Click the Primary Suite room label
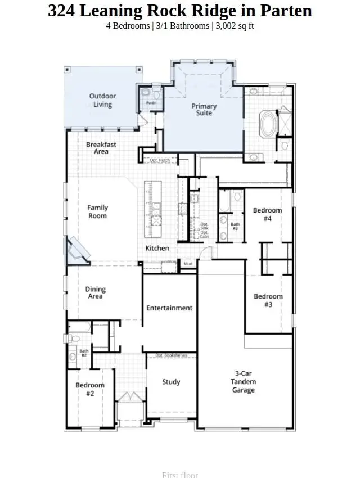[x=204, y=110]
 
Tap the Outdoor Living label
[x=102, y=100]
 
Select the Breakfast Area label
[x=101, y=148]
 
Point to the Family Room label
[x=97, y=211]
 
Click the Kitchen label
[x=157, y=248]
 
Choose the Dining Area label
[x=96, y=293]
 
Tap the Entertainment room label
[x=169, y=308]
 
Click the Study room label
[x=171, y=382]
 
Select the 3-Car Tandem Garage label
[x=244, y=381]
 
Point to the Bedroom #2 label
[x=90, y=389]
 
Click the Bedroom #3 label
[x=268, y=300]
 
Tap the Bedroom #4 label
[x=267, y=214]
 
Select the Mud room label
[x=187, y=263]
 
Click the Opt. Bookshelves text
[x=171, y=355]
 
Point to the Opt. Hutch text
[x=160, y=160]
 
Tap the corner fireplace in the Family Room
[x=77, y=249]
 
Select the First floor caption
[x=180, y=475]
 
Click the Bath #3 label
[x=235, y=227]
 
